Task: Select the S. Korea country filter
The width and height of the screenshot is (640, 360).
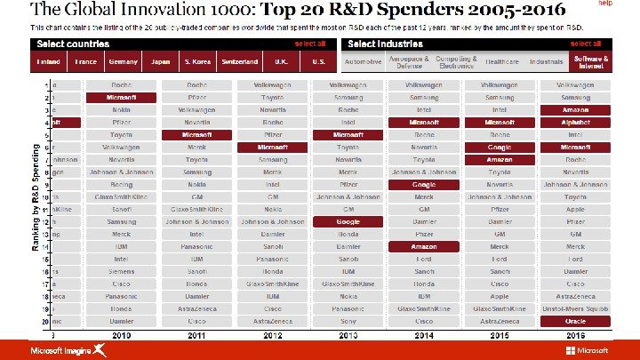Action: click(197, 62)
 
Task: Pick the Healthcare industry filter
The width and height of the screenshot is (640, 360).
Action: click(501, 62)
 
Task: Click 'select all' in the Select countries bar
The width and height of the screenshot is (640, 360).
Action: click(310, 44)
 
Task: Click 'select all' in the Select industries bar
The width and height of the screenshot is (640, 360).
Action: click(585, 44)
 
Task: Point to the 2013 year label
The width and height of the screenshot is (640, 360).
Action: click(348, 336)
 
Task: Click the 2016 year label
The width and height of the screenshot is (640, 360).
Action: click(575, 336)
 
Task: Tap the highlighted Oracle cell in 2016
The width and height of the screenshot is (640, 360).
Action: click(575, 320)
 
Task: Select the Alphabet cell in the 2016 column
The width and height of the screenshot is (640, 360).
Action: click(575, 121)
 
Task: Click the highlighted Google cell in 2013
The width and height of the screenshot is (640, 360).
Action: click(348, 220)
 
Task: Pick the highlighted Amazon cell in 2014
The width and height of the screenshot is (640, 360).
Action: click(424, 245)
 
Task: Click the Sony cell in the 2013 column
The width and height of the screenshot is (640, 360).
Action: click(348, 320)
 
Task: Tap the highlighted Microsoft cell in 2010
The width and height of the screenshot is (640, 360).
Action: click(122, 96)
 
